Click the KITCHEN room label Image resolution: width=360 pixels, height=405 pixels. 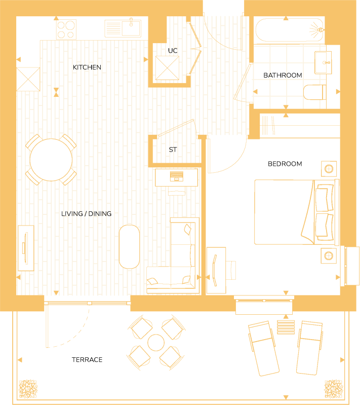(87, 67)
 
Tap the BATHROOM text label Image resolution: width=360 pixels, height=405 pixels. (283, 76)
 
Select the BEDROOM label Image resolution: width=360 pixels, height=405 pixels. (285, 164)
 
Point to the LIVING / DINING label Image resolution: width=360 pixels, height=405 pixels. (86, 214)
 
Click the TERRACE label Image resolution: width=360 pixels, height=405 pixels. (87, 360)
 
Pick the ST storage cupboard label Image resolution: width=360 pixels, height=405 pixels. (173, 150)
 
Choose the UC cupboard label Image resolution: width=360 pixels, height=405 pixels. (172, 51)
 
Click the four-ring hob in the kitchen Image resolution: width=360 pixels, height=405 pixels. (66, 28)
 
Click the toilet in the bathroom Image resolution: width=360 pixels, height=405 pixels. (314, 92)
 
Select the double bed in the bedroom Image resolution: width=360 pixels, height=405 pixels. (294, 212)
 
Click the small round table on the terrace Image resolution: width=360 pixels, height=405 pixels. (155, 343)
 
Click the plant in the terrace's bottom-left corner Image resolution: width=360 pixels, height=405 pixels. (28, 389)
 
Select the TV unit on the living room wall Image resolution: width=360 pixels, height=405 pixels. (25, 248)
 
